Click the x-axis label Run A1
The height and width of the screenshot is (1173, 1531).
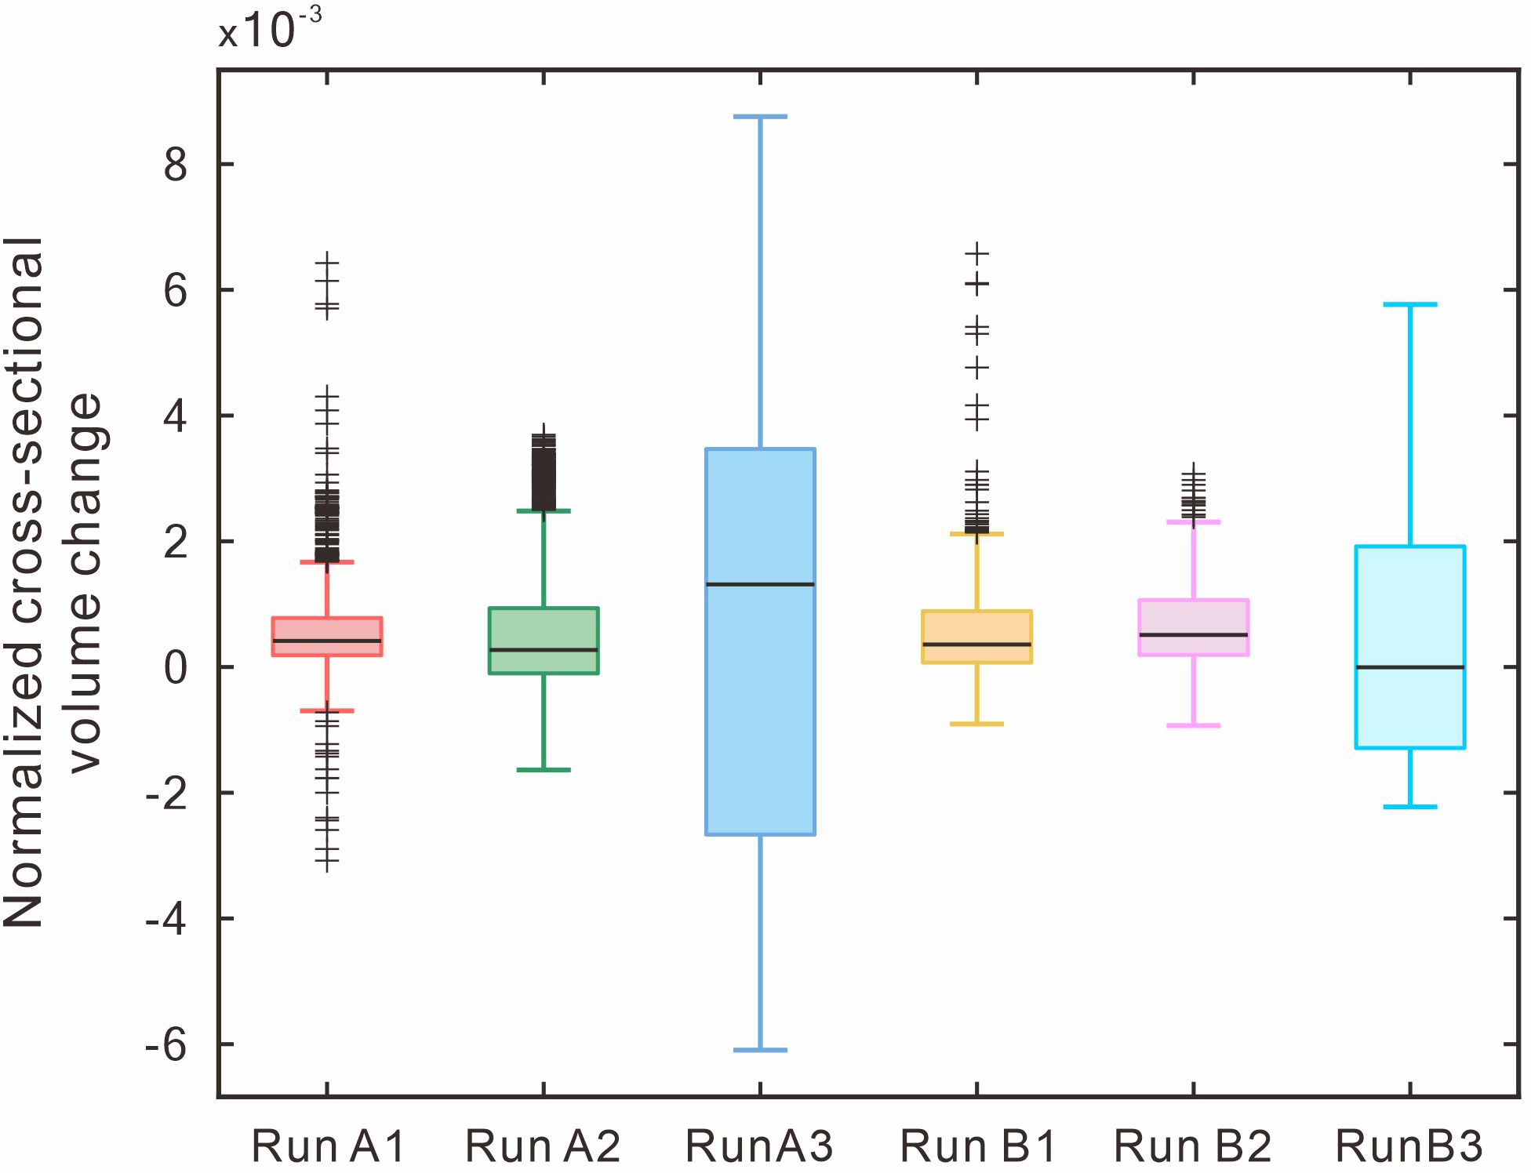click(328, 1146)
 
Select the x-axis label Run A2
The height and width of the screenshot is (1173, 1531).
click(543, 1146)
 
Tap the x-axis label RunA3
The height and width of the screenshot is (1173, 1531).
click(759, 1146)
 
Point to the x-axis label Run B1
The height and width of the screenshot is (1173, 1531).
click(977, 1146)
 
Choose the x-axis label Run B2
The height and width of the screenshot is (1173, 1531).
click(1192, 1146)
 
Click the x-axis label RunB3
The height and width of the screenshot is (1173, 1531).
click(1409, 1146)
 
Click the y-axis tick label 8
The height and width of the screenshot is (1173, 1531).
click(176, 165)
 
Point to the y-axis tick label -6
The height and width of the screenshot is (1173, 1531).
click(166, 1045)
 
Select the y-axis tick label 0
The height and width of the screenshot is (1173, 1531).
click(176, 668)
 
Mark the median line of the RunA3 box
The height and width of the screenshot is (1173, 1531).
click(760, 584)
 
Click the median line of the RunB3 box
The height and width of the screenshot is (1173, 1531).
click(1409, 667)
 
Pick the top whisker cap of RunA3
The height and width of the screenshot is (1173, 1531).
click(760, 117)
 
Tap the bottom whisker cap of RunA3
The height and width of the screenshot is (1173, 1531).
click(760, 1049)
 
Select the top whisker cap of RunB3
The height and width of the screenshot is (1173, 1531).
click(1409, 304)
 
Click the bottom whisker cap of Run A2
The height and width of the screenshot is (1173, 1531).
click(544, 770)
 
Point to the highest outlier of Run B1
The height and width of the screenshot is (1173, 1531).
click(977, 253)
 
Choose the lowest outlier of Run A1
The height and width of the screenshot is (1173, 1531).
click(327, 862)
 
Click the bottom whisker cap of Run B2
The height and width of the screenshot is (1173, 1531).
click(1193, 725)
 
